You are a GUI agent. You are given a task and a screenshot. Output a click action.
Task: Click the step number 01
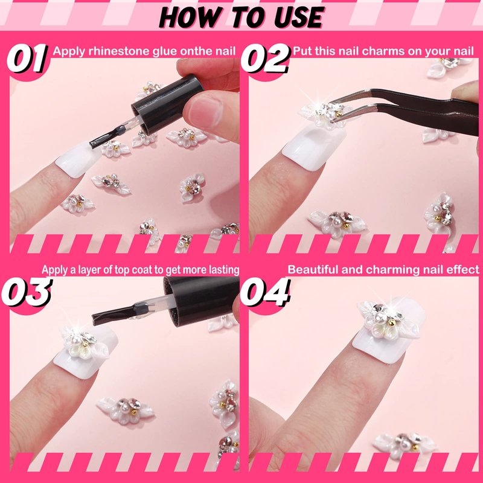pyautogui.click(x=27, y=58)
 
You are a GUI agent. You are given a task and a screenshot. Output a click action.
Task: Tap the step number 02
pyautogui.click(x=265, y=58)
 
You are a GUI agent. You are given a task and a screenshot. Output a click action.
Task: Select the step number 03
pyautogui.click(x=27, y=292)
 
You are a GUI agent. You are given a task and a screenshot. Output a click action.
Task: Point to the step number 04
pyautogui.click(x=265, y=292)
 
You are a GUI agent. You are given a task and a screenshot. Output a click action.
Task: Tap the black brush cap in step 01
pyautogui.click(x=168, y=104)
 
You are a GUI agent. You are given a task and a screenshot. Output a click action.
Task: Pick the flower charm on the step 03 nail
pyautogui.click(x=84, y=344)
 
